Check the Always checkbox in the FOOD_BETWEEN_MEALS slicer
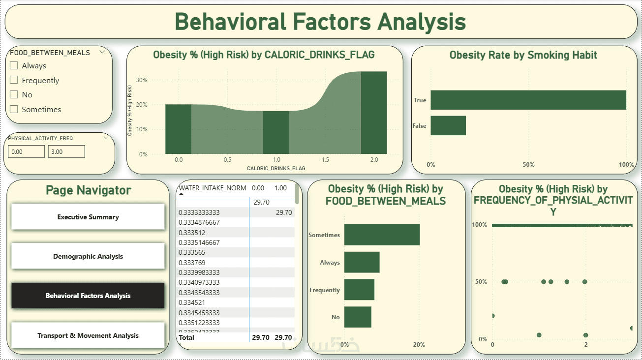(x=14, y=65)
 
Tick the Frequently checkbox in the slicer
(x=14, y=80)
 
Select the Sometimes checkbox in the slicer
(x=14, y=109)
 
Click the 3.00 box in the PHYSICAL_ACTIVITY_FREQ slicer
(x=66, y=152)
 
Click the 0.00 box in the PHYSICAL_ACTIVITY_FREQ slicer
(x=26, y=152)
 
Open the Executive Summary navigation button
(x=88, y=217)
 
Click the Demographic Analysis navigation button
(x=88, y=256)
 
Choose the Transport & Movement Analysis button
(x=88, y=335)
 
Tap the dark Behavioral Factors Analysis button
(x=88, y=296)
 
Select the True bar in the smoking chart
(x=528, y=100)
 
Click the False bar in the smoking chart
(x=448, y=125)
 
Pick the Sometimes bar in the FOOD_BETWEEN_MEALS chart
(x=382, y=235)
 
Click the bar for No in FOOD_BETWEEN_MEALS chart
(x=358, y=317)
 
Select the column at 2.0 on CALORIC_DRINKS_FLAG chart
(x=373, y=113)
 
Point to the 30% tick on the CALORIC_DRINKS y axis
(x=142, y=80)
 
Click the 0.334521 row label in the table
(x=192, y=302)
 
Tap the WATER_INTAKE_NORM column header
(x=213, y=188)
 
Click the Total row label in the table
(x=187, y=337)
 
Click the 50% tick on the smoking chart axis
(x=528, y=164)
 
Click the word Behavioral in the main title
(x=230, y=22)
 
